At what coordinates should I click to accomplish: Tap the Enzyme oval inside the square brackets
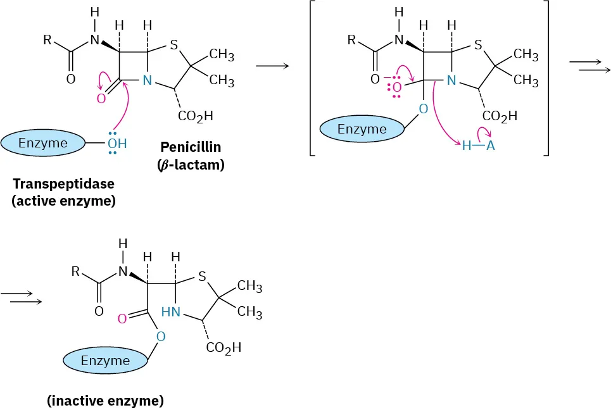click(x=362, y=129)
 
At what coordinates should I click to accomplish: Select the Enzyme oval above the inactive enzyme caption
click(x=105, y=361)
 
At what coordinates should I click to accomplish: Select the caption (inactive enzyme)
click(x=105, y=401)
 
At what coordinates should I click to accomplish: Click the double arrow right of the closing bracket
click(x=589, y=65)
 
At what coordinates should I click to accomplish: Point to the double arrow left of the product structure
click(x=22, y=297)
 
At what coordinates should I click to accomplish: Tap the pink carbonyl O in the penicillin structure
click(x=101, y=98)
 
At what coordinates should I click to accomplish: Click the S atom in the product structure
click(x=201, y=276)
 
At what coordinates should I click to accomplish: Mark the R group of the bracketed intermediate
click(x=353, y=40)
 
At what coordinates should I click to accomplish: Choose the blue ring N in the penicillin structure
click(x=147, y=80)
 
